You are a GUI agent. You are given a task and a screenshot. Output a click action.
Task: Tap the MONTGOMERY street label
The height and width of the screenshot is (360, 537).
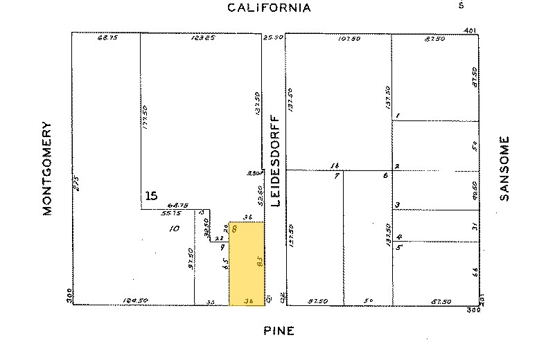coord(48,169)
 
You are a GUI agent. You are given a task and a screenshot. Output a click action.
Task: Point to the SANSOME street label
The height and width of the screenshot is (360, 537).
coord(504,168)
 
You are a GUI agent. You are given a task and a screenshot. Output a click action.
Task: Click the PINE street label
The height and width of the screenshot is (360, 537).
coord(279,331)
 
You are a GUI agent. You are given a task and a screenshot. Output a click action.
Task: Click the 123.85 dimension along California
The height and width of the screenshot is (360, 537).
coord(202,38)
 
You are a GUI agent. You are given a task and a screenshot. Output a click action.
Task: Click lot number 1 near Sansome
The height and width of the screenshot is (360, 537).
coord(398,116)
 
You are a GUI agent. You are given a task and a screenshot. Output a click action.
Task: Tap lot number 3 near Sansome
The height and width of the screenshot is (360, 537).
coord(397,204)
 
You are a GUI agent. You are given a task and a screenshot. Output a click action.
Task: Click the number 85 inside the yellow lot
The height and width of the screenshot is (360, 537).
coord(258,263)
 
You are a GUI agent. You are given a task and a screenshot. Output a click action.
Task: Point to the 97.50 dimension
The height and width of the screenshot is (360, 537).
coord(191,256)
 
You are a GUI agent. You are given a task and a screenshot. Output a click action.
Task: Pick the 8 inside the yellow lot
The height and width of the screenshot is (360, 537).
coord(236,228)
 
